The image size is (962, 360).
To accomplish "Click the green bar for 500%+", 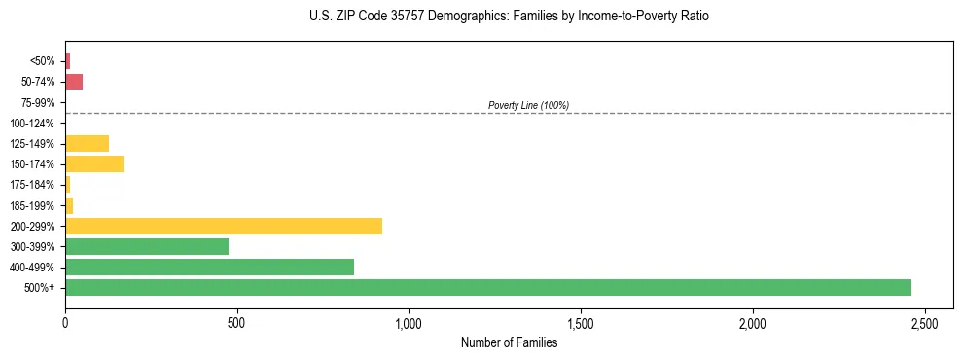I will point(487,287).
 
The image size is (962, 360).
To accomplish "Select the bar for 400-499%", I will point(209,267).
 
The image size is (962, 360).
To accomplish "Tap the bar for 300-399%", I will point(147,246).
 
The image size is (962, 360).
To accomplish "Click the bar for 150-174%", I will point(94,163).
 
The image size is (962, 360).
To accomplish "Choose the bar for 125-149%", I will point(87,143).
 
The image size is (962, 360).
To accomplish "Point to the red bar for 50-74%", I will point(74,82).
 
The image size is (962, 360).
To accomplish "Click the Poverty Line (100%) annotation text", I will point(528,105).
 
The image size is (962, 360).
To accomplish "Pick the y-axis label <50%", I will point(44,61).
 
